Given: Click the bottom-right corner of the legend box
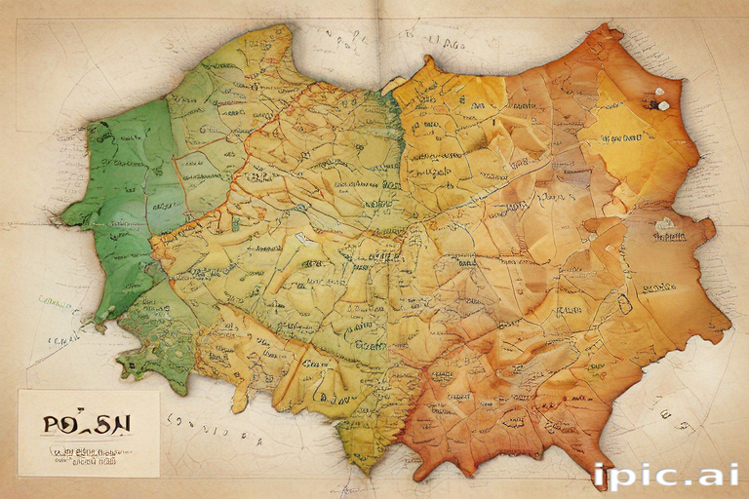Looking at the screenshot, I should pyautogui.click(x=159, y=476).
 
